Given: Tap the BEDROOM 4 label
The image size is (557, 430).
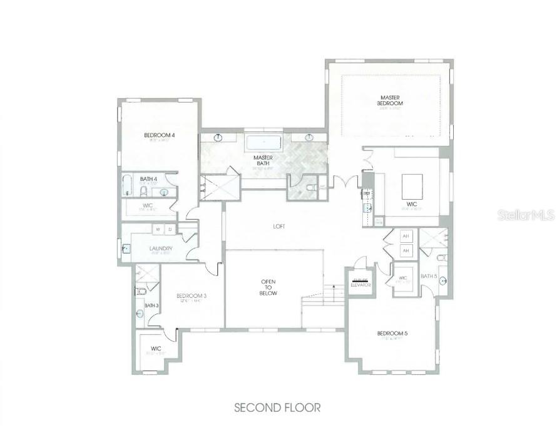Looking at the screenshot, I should [158, 135].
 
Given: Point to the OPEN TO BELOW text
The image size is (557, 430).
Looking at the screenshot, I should [268, 287].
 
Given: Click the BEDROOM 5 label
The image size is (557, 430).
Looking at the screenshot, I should [392, 333].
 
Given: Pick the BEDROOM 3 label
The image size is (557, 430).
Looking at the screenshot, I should [192, 295].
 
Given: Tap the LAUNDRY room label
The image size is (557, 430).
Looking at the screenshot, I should [161, 248].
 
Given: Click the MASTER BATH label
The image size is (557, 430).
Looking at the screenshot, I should [263, 161].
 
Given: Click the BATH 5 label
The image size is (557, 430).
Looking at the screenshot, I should [429, 276].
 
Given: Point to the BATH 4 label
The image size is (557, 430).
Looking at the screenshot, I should [148, 179].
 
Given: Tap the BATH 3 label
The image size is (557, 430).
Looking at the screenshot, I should [151, 305].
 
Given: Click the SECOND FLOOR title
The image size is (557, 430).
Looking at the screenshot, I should [277, 407].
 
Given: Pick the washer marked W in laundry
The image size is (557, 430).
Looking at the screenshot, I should [157, 230].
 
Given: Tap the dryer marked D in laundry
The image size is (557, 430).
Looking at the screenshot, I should [170, 230].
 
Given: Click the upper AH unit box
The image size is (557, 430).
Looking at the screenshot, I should [406, 236].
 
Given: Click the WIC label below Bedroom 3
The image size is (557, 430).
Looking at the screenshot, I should [156, 349].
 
